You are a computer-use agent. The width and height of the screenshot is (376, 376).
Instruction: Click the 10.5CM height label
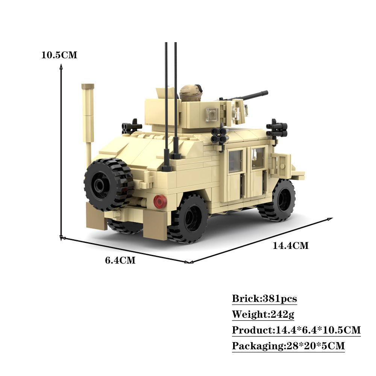[x=59, y=55]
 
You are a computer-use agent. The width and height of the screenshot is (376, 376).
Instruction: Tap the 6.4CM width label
[x=120, y=260]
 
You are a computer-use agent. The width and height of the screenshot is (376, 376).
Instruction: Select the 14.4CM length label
[x=290, y=246]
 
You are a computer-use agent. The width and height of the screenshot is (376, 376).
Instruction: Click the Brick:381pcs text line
[x=264, y=299]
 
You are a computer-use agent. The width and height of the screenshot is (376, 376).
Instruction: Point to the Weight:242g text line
[x=263, y=314]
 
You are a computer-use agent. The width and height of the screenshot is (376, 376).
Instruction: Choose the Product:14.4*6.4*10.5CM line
[x=296, y=330]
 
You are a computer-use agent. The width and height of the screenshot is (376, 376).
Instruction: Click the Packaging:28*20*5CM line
[x=288, y=346]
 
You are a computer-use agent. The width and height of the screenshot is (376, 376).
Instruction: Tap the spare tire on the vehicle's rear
[x=108, y=184]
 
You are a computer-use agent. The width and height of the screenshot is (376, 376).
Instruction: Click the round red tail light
[x=160, y=202]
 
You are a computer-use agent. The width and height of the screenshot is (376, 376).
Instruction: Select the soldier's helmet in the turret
[x=190, y=92]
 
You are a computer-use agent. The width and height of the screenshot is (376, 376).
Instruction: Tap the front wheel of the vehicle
[x=280, y=200]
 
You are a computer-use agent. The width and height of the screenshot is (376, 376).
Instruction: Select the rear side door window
[x=235, y=161]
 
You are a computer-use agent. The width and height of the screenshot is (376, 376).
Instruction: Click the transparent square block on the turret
[x=212, y=112]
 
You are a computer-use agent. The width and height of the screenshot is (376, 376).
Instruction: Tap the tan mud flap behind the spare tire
[x=96, y=216]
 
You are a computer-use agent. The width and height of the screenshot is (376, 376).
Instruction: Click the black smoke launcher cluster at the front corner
[x=277, y=129]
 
